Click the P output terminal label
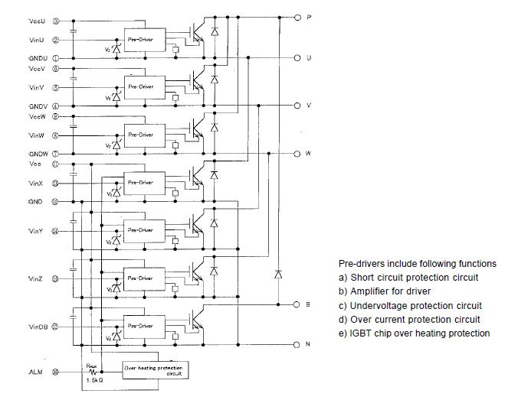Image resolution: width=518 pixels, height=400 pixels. tap(308, 17)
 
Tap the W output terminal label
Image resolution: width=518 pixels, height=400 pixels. tap(308, 153)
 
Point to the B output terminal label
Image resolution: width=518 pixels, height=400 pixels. tap(308, 304)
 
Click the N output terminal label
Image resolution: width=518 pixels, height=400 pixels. tap(308, 344)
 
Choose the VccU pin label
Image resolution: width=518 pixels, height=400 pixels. tap(37, 21)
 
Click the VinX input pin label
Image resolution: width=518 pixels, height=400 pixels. tap(37, 184)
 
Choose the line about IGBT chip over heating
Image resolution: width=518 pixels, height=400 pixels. tap(414, 333)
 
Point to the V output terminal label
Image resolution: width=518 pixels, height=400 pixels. tap(308, 106)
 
